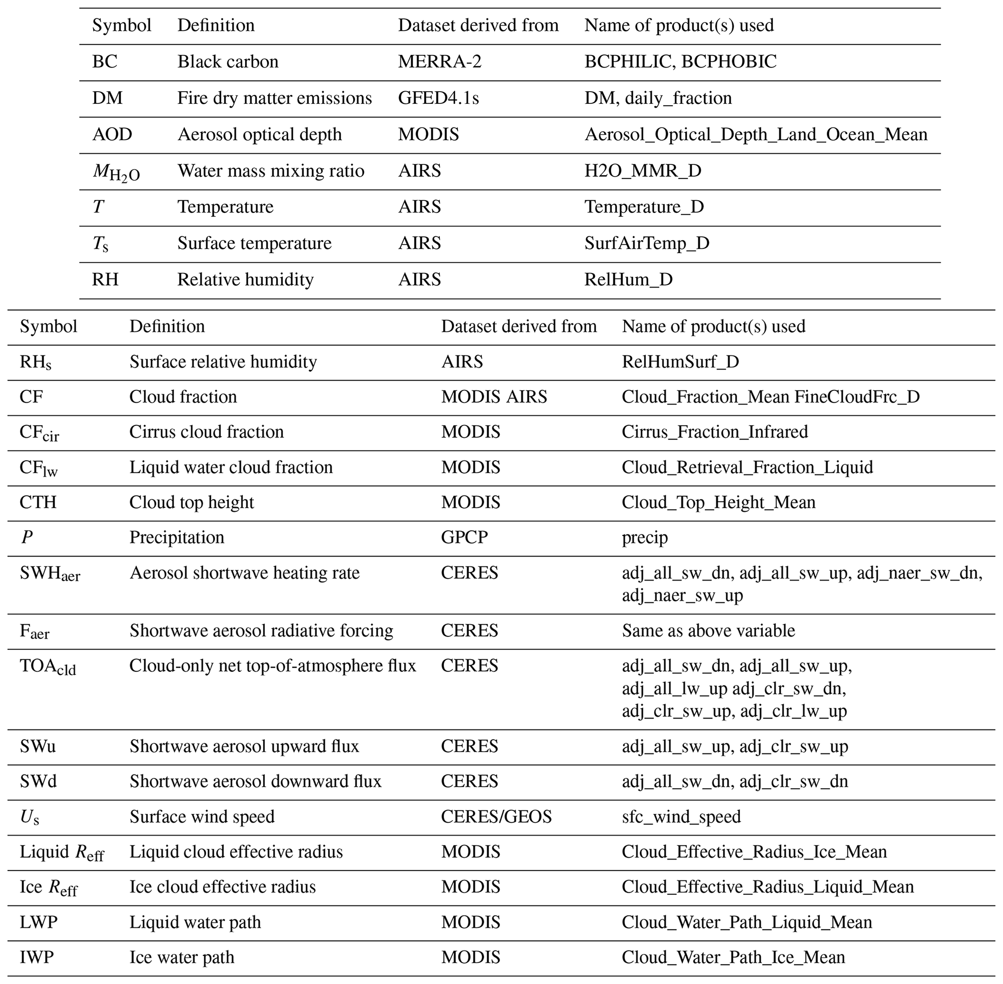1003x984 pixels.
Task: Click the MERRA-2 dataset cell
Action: (440, 62)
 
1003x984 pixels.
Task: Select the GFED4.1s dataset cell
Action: (439, 98)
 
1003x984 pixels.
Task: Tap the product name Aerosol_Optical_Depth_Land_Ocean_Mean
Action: (756, 134)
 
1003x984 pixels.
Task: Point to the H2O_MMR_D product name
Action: (642, 171)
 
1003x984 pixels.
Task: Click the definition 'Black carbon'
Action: (228, 62)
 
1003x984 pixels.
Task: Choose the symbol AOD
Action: (112, 134)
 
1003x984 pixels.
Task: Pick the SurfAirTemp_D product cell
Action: (647, 243)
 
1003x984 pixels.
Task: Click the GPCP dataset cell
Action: (464, 537)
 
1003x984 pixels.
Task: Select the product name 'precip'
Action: (645, 537)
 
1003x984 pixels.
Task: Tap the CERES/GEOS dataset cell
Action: (496, 817)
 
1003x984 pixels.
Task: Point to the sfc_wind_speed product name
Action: (681, 817)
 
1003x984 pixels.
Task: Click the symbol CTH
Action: (38, 502)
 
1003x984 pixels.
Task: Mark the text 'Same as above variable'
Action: (708, 630)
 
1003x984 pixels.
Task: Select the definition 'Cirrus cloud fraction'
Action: (206, 432)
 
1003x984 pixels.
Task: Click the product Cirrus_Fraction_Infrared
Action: (714, 432)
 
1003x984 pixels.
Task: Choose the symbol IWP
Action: (37, 957)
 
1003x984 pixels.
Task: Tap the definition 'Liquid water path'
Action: (195, 922)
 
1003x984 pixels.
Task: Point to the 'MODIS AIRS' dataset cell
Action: (494, 396)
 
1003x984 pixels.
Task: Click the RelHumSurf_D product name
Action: (680, 361)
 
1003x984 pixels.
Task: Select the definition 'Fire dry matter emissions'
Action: (275, 98)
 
